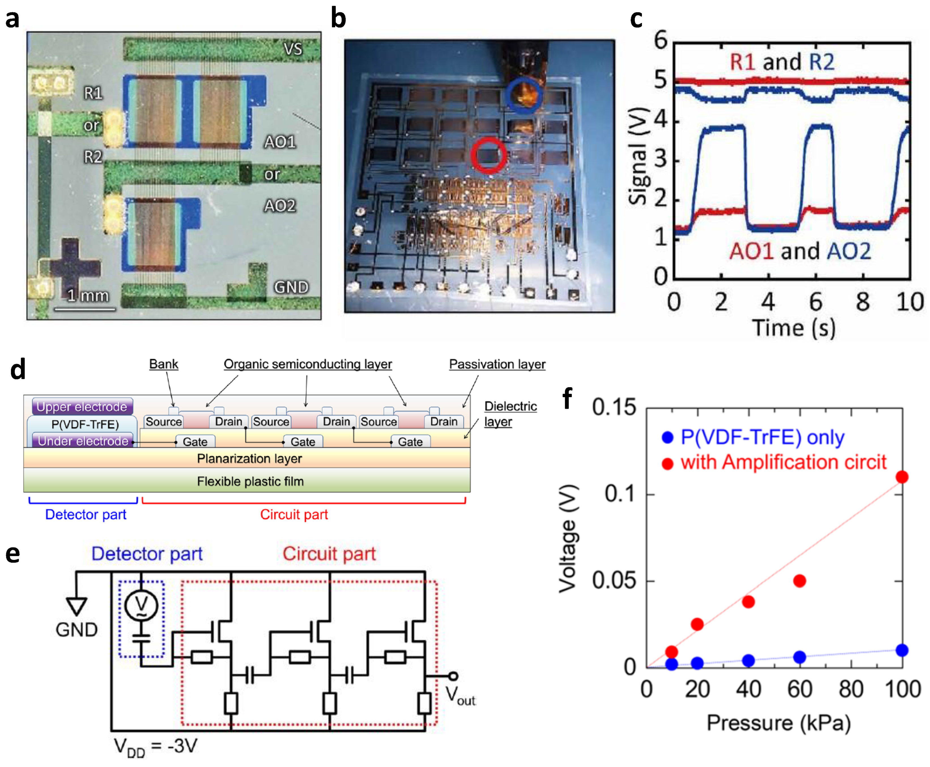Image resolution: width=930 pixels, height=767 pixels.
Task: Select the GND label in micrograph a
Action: pos(291,287)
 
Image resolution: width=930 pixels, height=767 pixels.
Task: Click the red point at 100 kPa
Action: pos(902,477)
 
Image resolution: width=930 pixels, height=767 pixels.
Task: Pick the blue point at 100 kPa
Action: pos(902,650)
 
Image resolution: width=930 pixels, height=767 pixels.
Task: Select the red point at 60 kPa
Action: pos(799,580)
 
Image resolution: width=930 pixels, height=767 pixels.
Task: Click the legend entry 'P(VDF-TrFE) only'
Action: pos(762,437)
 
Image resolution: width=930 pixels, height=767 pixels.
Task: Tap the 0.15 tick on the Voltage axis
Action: pos(614,407)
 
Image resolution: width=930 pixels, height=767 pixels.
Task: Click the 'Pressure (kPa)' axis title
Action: pos(778,723)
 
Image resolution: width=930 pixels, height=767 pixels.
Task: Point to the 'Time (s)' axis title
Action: pos(793,328)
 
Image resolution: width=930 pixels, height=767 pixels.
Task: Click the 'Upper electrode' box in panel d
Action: pos(82,406)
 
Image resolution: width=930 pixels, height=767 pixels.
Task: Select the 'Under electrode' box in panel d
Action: pos(83,440)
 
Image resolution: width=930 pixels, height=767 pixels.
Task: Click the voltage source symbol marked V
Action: pos(141,605)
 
